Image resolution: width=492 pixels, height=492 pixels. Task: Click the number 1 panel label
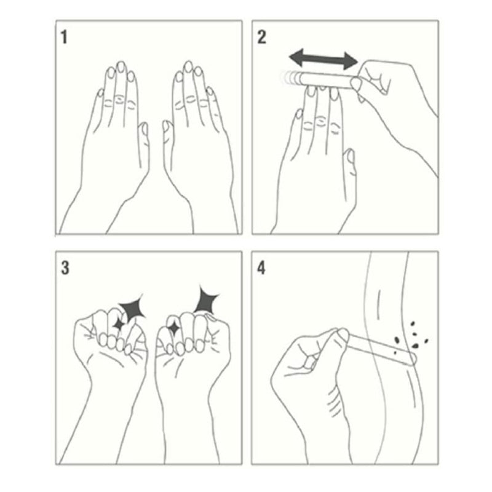coord(64,37)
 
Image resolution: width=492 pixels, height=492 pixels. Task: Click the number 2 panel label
coord(262,37)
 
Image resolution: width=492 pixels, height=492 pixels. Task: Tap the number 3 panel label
coord(65,268)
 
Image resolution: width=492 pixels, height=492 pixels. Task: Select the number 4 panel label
coord(261,268)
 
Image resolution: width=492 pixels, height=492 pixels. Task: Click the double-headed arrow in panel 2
coord(323,59)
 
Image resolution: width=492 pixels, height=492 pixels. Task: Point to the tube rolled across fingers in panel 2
coord(327,81)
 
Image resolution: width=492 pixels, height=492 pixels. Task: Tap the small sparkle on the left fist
coord(119,324)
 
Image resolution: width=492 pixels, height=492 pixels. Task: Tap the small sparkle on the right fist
coord(173,328)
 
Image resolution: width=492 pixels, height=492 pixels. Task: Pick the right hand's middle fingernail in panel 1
coord(189,67)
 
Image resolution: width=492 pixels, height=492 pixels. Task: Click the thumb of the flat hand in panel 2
coord(350,170)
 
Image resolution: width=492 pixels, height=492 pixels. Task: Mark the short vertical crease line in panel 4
coord(379,300)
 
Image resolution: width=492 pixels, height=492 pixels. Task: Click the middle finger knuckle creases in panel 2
coord(320,121)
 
